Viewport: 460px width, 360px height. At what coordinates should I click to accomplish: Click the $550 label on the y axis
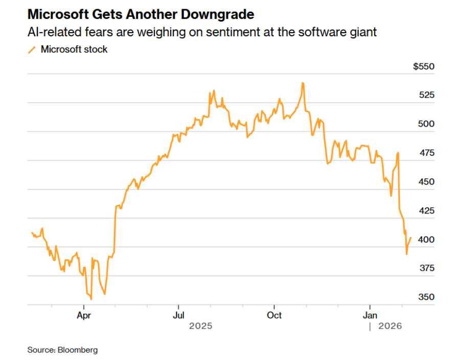423,66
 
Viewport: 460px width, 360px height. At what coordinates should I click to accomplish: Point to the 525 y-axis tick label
426,95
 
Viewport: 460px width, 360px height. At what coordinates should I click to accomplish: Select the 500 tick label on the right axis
426,124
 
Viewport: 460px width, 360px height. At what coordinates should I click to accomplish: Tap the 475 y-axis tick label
426,153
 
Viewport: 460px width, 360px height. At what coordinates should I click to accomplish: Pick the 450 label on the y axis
426,182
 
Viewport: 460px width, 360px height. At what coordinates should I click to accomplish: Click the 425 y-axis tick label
426,210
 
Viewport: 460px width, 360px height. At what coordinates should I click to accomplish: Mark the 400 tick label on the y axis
426,239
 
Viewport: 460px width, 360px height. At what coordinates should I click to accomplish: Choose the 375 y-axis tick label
426,268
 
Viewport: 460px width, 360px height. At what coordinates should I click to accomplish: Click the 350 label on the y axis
426,297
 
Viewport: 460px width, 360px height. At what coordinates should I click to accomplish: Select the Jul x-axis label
178,315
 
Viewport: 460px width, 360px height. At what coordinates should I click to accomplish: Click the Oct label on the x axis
274,315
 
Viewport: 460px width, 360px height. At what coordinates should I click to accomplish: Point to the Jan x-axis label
370,315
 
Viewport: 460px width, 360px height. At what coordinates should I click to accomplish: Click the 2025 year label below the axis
200,326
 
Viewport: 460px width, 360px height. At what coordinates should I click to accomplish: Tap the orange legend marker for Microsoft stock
32,50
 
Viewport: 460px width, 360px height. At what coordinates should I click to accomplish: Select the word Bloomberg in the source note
78,350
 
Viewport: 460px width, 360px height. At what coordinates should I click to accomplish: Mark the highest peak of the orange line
303,83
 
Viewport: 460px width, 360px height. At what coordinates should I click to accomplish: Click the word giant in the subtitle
363,32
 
